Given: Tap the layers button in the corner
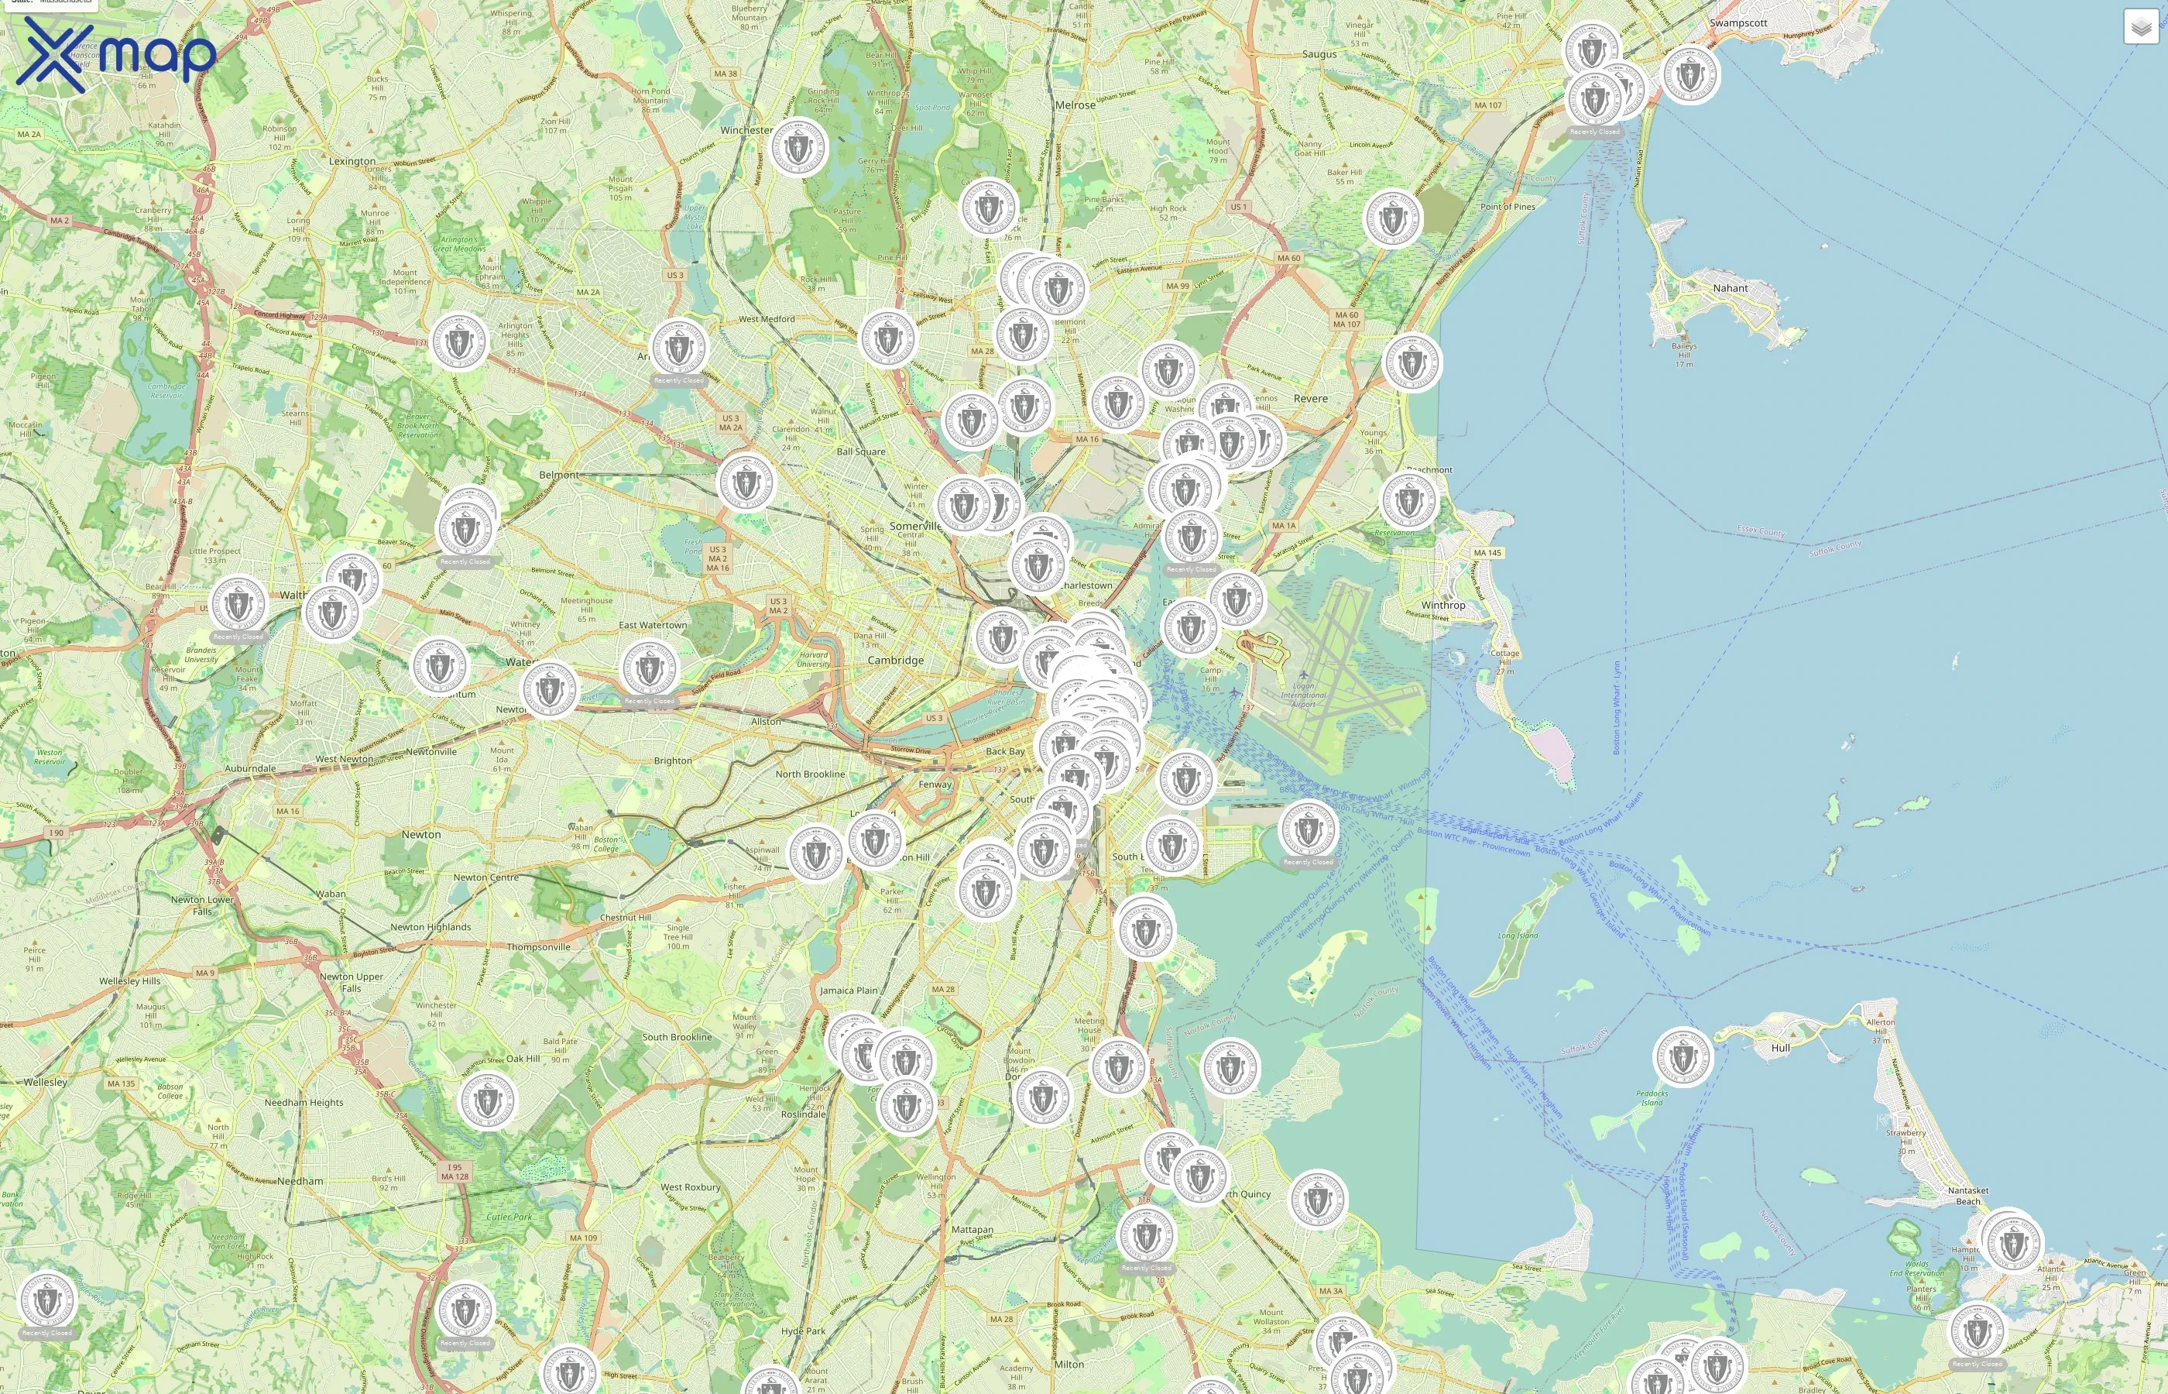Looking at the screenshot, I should (2140, 27).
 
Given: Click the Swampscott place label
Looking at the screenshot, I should (1737, 22).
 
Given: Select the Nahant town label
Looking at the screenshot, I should (1729, 288).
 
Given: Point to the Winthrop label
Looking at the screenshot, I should (1442, 605).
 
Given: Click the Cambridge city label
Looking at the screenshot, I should (895, 660).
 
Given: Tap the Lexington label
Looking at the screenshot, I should (352, 161).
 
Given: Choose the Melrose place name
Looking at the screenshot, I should (1075, 105).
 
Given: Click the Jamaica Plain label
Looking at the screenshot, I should (848, 991).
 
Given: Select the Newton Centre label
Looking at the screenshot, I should (486, 877).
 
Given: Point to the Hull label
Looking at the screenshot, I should (1780, 1047).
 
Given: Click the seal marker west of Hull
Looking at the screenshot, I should (1682, 1057).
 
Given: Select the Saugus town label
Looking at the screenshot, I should (1319, 54).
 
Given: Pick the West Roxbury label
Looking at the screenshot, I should (691, 1186).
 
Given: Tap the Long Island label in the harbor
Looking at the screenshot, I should (1518, 935).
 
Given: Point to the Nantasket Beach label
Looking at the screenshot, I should (1968, 1196).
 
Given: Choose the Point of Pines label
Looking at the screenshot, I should (1508, 206).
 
